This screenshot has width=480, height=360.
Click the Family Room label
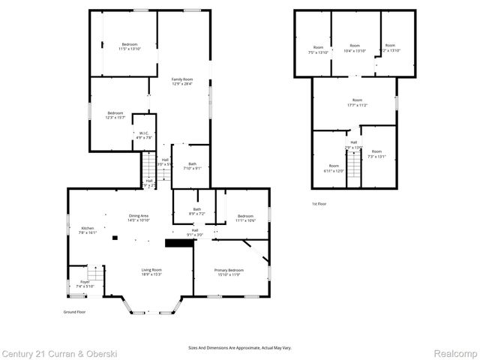point(182,82)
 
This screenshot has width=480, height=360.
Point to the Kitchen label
point(88,230)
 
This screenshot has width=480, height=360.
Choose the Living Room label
point(151,272)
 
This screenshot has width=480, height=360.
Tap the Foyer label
point(85,284)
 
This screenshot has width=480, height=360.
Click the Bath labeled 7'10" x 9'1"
point(192,166)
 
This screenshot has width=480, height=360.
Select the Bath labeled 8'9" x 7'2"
point(196,211)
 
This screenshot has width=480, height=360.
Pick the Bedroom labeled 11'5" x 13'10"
point(130,46)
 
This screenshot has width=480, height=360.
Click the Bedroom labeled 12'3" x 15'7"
point(114,115)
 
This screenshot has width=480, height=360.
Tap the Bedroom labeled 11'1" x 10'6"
point(246,218)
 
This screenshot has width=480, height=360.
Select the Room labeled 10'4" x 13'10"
point(355,48)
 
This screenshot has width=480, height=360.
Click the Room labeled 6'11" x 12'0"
point(334,168)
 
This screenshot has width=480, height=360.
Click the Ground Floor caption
point(75,311)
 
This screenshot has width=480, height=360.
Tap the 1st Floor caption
point(319,204)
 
